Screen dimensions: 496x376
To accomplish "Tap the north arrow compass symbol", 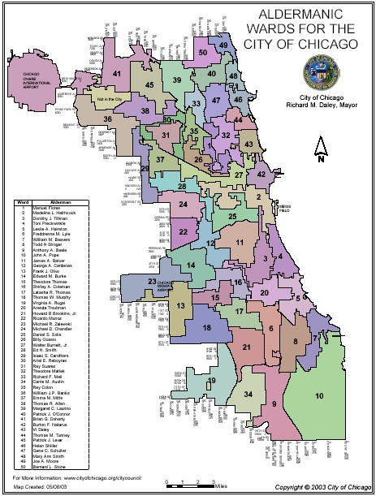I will (x=321, y=150).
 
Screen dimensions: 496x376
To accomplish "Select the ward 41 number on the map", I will (x=118, y=75).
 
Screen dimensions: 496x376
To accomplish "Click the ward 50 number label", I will (x=202, y=53).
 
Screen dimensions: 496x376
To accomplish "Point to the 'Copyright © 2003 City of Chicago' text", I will (x=318, y=489).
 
